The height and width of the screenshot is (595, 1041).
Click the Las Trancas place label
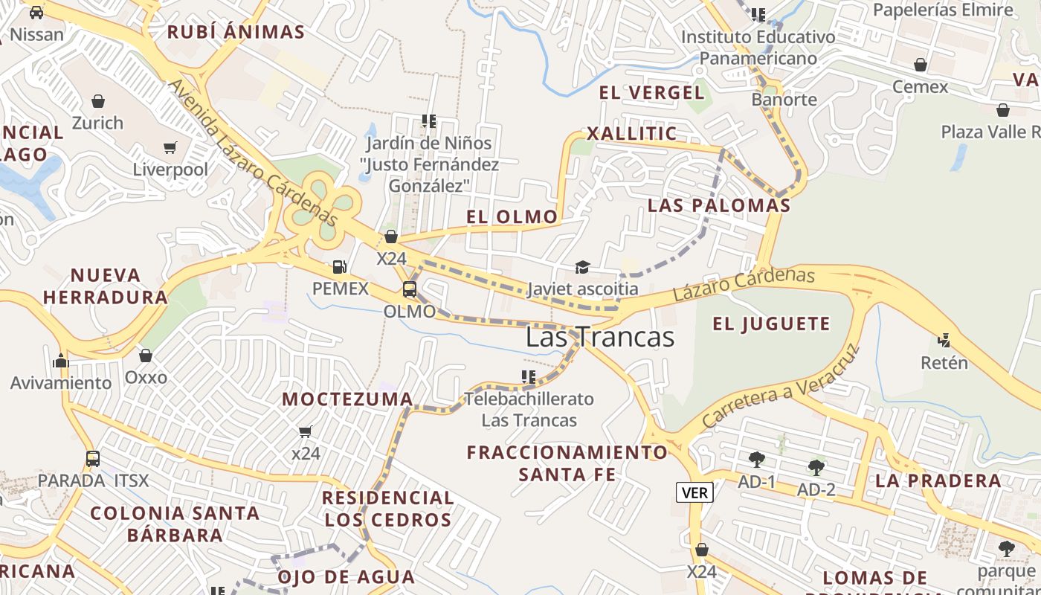tap(599, 337)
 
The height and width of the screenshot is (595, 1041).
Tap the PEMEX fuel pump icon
tap(339, 266)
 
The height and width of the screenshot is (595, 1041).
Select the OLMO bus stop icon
tap(409, 289)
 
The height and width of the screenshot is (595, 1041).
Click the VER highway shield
tap(694, 492)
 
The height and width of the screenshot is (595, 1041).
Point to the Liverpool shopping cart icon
tap(170, 148)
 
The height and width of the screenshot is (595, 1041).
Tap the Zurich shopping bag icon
tap(97, 100)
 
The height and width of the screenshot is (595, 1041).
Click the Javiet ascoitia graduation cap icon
tap(582, 267)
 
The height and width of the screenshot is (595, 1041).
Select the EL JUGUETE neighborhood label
tap(771, 324)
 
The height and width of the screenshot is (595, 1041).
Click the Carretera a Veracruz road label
tap(781, 387)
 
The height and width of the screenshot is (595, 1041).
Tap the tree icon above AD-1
tap(757, 459)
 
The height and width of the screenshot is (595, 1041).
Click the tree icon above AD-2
tap(816, 467)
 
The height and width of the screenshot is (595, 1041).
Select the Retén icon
tap(944, 341)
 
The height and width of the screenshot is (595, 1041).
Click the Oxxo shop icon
tap(146, 356)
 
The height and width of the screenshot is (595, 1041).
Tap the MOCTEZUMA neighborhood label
tap(347, 399)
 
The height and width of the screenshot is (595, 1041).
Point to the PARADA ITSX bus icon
tap(93, 458)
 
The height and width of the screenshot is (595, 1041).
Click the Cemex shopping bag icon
tap(921, 65)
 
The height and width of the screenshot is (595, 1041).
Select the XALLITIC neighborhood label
tap(632, 134)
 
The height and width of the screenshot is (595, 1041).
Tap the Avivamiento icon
tap(61, 361)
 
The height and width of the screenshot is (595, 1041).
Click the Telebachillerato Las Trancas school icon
tap(529, 377)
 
